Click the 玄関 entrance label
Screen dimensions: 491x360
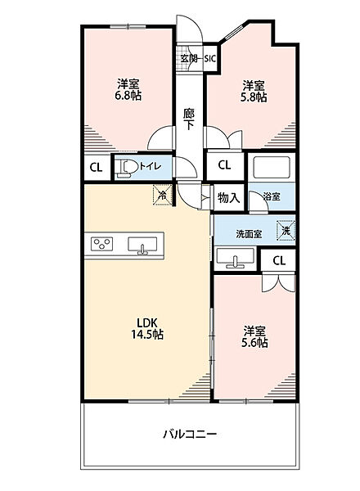pos(190,58)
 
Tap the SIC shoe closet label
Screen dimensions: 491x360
pos(209,58)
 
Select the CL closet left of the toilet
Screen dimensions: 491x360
pos(95,169)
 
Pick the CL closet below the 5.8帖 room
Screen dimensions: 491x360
pos(224,165)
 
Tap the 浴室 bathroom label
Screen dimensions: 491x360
pos(271,197)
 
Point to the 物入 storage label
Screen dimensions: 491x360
pos(229,197)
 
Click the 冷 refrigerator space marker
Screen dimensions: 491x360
pos(163,196)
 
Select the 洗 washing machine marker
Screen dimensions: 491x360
pos(286,231)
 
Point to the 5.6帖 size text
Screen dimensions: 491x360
pos(254,343)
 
